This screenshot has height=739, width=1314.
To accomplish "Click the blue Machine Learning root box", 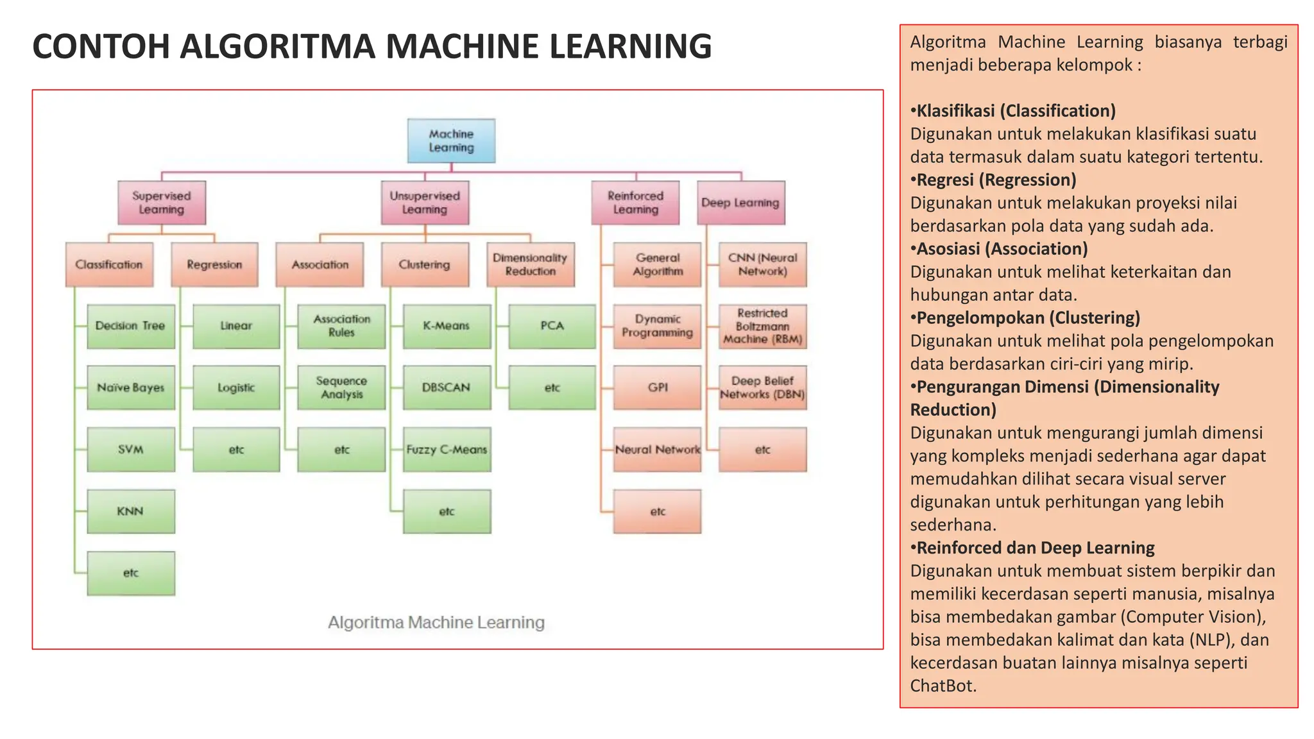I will coord(451,140).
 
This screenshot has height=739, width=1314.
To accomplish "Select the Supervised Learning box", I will coord(162,203).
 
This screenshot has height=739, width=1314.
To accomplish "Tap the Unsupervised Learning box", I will coord(425,203).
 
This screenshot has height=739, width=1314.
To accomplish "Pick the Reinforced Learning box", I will coord(635,203).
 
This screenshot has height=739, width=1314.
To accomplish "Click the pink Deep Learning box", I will coord(740,203).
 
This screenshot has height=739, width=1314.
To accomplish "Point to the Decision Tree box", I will coord(131,326).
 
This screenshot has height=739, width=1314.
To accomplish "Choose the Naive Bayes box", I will coord(131,387).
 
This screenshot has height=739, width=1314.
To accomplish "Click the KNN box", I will coord(131,511).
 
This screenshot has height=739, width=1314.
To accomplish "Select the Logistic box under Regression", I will coord(236,387).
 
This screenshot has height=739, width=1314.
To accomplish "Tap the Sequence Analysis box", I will coord(341,387).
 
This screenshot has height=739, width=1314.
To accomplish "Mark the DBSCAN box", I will coord(447,387).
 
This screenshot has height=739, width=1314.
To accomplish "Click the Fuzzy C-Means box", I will coord(447,450).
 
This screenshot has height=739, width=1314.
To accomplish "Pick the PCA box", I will coord(552,326).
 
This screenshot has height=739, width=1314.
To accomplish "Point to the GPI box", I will coord(657,387).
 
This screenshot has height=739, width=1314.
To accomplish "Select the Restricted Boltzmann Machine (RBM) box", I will coord(762,326).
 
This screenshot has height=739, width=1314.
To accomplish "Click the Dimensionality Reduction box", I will coord(530,264).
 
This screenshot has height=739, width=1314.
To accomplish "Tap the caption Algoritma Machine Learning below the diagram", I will coord(436,622).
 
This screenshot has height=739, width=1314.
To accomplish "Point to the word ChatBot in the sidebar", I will coord(942,686).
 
